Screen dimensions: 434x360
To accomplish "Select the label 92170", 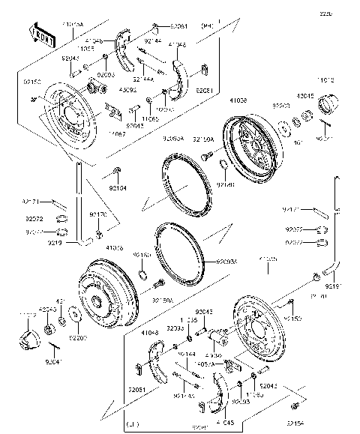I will [x=98, y=214].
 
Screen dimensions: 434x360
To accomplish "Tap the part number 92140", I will [x=226, y=183].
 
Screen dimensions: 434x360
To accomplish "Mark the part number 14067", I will [x=117, y=133].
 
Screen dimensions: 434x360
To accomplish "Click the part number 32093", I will [x=175, y=328].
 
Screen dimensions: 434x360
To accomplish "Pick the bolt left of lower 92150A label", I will [x=159, y=285].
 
